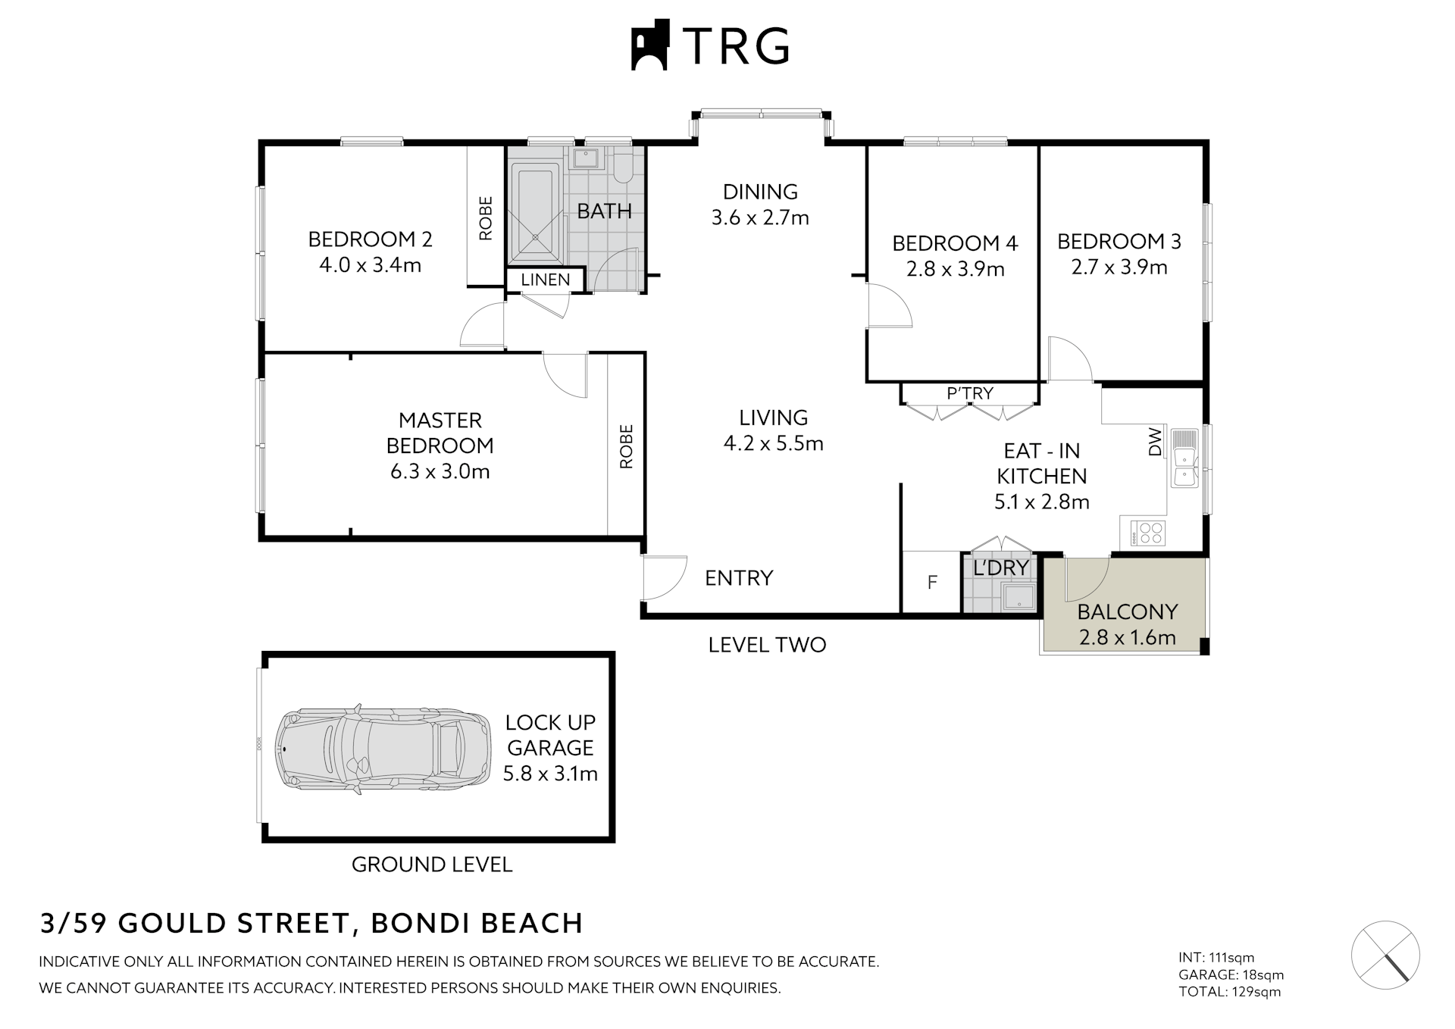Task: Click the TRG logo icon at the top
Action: click(649, 45)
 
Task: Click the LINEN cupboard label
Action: click(545, 280)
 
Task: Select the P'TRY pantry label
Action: click(969, 393)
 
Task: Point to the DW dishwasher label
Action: click(1154, 442)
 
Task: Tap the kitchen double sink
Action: click(1183, 458)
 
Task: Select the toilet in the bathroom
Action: click(623, 167)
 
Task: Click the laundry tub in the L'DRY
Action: click(1019, 596)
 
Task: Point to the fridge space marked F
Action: click(932, 582)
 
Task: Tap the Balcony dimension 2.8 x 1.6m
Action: click(1127, 637)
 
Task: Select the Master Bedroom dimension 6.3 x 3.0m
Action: click(440, 471)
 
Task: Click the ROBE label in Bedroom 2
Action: click(486, 218)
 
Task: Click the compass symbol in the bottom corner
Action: click(1385, 955)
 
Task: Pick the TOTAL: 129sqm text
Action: click(1229, 992)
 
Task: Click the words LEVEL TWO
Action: click(767, 645)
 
